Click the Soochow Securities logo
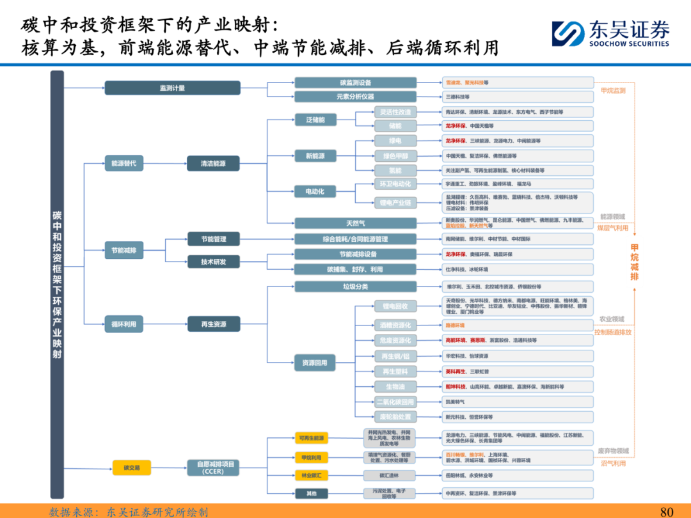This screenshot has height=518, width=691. (x=610, y=33)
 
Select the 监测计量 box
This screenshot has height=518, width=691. (x=172, y=88)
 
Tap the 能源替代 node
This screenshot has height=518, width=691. (x=123, y=164)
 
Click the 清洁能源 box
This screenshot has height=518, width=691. (x=214, y=164)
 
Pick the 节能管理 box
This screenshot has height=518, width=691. (x=214, y=239)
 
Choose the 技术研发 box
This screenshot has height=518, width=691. (x=214, y=262)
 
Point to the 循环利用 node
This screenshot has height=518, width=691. (x=123, y=324)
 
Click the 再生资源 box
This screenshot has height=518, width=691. (x=214, y=324)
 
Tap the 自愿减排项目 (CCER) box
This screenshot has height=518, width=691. (x=214, y=468)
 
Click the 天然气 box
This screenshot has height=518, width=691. (x=355, y=223)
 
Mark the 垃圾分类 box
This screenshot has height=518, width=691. (x=355, y=286)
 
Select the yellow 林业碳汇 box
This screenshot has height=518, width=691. (x=311, y=476)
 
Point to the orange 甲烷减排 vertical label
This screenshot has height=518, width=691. (x=635, y=262)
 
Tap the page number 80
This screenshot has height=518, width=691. (x=667, y=512)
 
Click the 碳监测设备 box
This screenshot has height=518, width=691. (x=355, y=82)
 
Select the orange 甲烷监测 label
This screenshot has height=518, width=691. (x=613, y=91)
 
